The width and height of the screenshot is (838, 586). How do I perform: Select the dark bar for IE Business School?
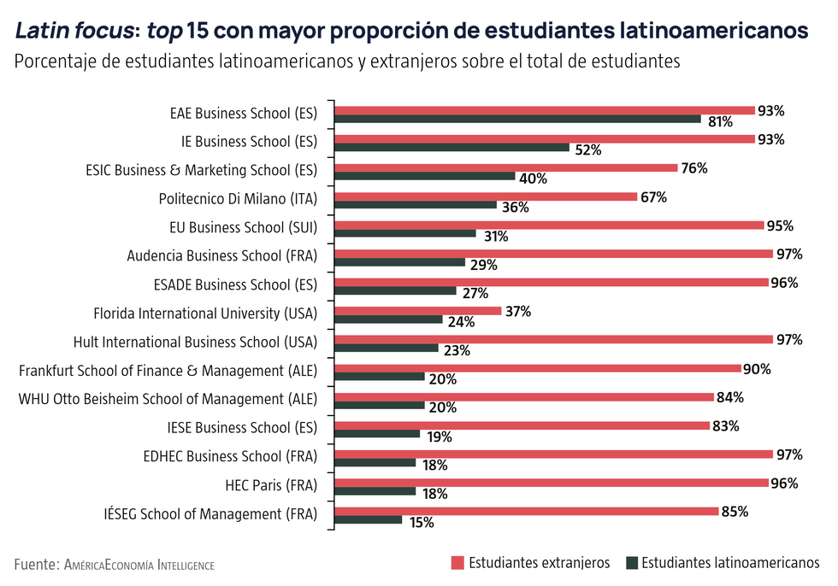point(452,148)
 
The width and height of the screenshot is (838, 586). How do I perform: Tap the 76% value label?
point(693,168)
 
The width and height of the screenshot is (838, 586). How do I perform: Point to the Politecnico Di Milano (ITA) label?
point(238,199)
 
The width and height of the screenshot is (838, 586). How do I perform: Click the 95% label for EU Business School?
point(780,226)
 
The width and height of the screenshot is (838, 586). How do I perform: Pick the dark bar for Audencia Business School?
point(400,262)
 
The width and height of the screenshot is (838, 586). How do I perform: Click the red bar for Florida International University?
point(418,311)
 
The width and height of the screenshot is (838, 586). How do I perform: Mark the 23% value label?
point(457,350)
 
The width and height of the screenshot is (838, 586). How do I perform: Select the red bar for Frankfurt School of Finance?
point(538,368)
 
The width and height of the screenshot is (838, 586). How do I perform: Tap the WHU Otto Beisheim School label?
point(168,399)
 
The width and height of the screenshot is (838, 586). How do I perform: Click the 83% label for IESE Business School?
point(724,425)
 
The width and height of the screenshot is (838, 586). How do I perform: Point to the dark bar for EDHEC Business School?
point(375,463)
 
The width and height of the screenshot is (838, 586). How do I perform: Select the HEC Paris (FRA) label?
point(271,485)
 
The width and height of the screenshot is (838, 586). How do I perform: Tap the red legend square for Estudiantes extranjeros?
point(457,563)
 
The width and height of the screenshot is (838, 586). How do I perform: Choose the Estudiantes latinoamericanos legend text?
point(729,563)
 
